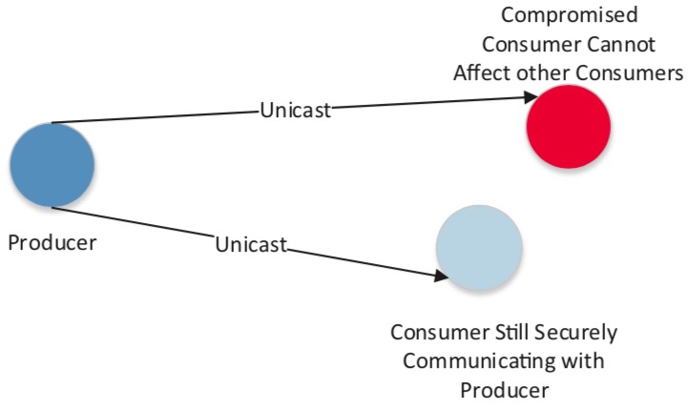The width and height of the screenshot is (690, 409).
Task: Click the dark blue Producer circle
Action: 52,165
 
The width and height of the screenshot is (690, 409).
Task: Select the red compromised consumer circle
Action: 569,127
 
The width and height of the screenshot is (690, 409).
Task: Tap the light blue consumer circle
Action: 479,248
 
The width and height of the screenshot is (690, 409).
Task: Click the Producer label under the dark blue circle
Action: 52,243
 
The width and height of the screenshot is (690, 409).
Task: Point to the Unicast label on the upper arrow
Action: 295,110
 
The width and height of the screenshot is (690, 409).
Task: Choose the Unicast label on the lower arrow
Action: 251,244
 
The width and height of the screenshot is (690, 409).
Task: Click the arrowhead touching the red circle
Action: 532,96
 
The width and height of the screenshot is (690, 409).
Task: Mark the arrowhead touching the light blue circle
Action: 441,276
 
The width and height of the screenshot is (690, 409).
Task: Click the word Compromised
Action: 570,16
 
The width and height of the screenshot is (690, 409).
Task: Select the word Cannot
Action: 620,45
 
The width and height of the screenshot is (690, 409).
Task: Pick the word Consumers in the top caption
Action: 629,73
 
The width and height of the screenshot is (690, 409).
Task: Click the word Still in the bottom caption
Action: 511,333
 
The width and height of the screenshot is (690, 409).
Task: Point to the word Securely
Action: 575,334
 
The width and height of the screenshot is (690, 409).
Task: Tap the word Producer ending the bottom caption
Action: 505,391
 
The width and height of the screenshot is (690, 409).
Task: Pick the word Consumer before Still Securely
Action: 440,333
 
